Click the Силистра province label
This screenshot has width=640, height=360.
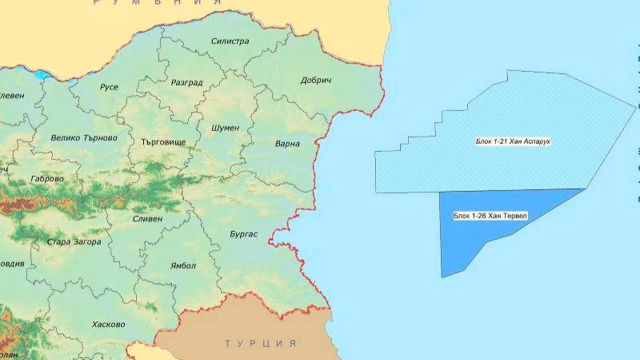[x=230, y=41]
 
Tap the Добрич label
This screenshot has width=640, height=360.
[x=316, y=80]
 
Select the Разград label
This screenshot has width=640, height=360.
[x=187, y=83]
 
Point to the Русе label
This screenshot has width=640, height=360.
[x=109, y=87]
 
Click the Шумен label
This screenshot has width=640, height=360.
[x=226, y=128]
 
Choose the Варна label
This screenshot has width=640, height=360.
[x=287, y=144]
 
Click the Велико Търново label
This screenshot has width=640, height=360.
[x=84, y=138]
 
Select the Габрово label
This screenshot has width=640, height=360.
[x=48, y=179]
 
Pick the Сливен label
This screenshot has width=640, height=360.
[x=147, y=219]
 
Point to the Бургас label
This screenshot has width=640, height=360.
[x=244, y=234]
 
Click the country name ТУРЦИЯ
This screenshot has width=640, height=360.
[x=261, y=343]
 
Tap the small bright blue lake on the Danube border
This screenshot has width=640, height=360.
[x=42, y=75]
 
